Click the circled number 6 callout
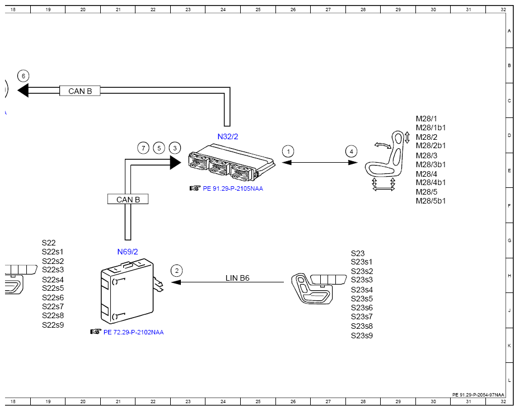(23, 76)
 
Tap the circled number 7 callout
(143, 148)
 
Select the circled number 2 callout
(177, 271)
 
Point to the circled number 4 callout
(352, 152)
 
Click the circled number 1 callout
(288, 152)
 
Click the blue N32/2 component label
(228, 136)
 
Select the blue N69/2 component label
(128, 252)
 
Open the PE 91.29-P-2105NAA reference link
(233, 188)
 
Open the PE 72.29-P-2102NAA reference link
(133, 332)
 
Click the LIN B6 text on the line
(237, 278)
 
